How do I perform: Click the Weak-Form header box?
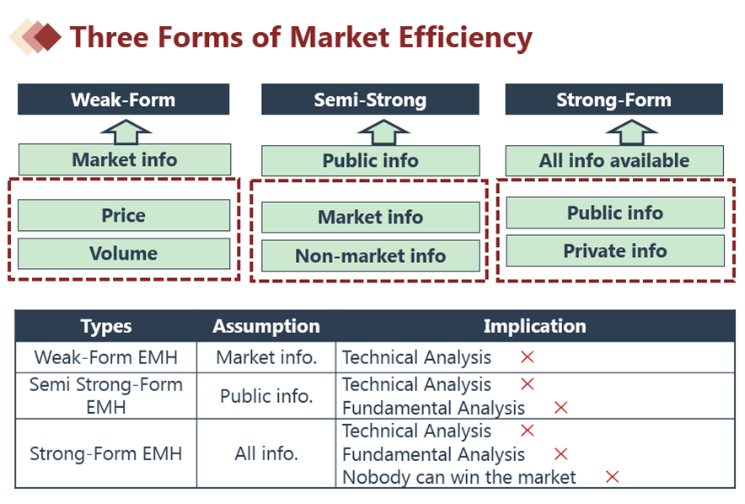click(124, 99)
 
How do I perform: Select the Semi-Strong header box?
click(370, 99)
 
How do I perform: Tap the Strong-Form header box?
click(614, 99)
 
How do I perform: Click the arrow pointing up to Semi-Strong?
click(383, 132)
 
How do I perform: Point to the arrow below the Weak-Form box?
click(126, 132)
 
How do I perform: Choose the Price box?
click(124, 215)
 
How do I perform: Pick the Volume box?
click(124, 254)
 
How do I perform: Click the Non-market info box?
click(371, 256)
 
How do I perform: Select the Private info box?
click(615, 251)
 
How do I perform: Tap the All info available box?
click(614, 161)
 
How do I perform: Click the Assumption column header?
click(266, 326)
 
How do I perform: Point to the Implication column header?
click(535, 326)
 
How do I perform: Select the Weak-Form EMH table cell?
click(106, 357)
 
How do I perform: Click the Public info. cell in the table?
click(266, 395)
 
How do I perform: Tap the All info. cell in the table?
click(266, 453)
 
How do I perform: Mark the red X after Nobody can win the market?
click(613, 477)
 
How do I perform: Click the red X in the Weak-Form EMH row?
click(528, 357)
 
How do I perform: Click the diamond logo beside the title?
click(35, 37)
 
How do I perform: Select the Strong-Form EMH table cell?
click(106, 453)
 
